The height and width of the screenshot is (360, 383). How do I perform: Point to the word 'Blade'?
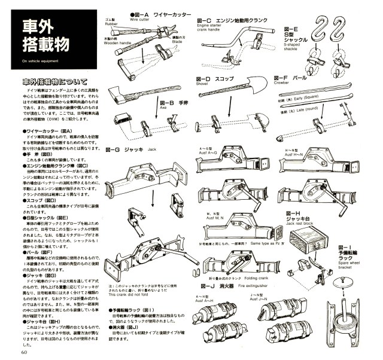click(177, 42)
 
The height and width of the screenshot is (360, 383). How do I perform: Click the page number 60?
click(23, 352)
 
